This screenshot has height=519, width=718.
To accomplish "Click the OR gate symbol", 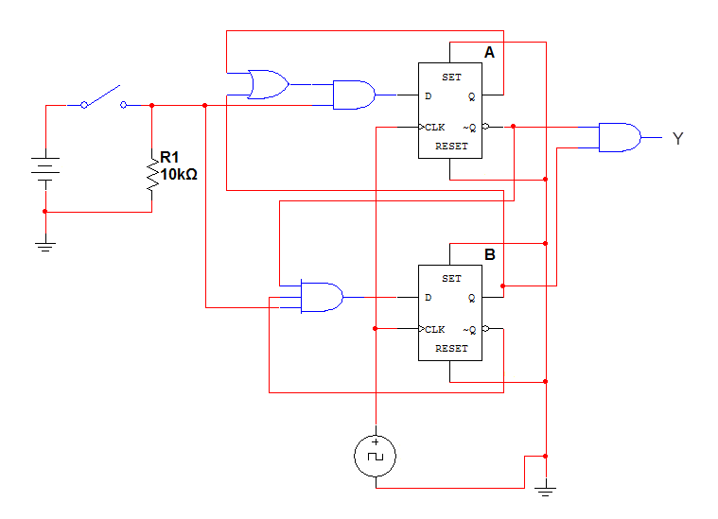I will pyautogui.click(x=268, y=84).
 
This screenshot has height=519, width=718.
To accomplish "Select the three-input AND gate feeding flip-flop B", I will pyautogui.click(x=321, y=297).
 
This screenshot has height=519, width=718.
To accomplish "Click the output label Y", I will pyautogui.click(x=677, y=139).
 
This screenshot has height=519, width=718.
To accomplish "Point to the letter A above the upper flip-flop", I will pyautogui.click(x=489, y=53).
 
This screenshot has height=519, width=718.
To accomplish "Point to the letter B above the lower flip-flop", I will pyautogui.click(x=489, y=254).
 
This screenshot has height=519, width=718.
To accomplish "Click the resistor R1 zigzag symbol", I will pyautogui.click(x=151, y=175).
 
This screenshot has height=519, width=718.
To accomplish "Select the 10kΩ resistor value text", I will pyautogui.click(x=179, y=174).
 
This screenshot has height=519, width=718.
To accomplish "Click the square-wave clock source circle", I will pyautogui.click(x=376, y=457).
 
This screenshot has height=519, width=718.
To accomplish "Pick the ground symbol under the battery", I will pyautogui.click(x=44, y=245).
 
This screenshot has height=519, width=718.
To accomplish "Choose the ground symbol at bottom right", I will pyautogui.click(x=546, y=490).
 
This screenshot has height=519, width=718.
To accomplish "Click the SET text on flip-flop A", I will pyautogui.click(x=451, y=77).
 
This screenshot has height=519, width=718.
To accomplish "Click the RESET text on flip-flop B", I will pyautogui.click(x=451, y=348).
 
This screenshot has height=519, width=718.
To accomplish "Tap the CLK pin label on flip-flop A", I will pyautogui.click(x=435, y=127).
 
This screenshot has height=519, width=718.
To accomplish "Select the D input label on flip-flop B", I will pyautogui.click(x=429, y=298).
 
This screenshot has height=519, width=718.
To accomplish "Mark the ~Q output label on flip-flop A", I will pyautogui.click(x=468, y=127).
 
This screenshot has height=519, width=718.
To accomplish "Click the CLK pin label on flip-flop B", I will pyautogui.click(x=435, y=329).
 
